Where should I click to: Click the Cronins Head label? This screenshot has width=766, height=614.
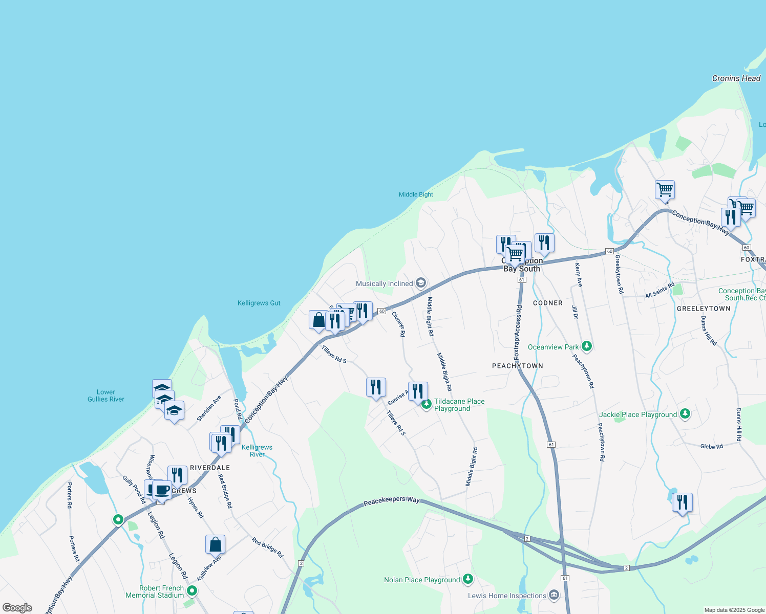click(736, 78)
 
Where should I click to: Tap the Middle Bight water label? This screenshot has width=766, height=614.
click(416, 194)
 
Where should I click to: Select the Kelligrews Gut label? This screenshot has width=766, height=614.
click(259, 303)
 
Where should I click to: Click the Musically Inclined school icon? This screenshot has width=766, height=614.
click(421, 283)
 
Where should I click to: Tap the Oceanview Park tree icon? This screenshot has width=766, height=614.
click(587, 346)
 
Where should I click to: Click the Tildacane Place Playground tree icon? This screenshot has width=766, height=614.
click(426, 404)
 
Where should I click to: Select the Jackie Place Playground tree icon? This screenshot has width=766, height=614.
click(685, 414)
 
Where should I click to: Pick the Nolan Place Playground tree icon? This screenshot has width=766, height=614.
click(467, 579)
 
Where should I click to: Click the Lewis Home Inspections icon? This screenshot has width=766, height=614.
click(554, 595)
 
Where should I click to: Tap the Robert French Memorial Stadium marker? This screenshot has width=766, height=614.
click(192, 591)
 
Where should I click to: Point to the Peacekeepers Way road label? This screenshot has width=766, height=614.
click(392, 501)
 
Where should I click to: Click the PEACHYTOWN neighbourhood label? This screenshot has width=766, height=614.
click(517, 366)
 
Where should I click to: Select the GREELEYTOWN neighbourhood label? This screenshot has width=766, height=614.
click(704, 309)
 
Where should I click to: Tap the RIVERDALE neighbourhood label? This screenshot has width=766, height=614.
click(210, 468)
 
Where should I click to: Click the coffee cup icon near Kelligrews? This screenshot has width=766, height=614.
click(162, 490)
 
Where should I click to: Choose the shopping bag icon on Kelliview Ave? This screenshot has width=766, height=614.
click(216, 544)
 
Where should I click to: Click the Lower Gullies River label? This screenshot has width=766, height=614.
click(106, 396)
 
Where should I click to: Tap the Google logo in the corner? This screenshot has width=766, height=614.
click(17, 607)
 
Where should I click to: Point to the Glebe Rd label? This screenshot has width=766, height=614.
click(711, 446)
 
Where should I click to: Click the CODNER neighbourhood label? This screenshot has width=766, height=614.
click(547, 303)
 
